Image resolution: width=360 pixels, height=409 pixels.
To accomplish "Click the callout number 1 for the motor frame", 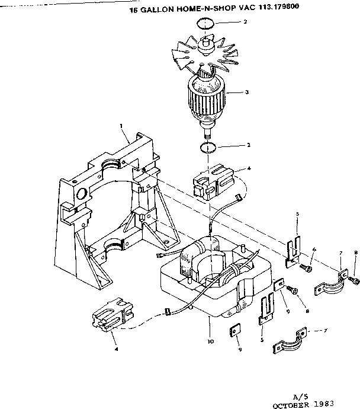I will click(x=121, y=125).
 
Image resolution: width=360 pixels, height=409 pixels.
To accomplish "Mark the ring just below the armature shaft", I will click(x=207, y=146).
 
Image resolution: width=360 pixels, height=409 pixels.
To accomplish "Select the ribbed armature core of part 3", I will click(x=205, y=97).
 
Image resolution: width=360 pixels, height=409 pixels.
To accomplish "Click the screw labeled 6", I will click(x=306, y=269).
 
